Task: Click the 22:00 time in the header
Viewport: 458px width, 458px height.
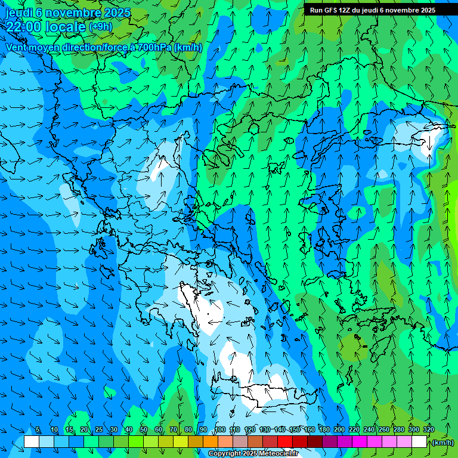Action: pyautogui.click(x=24, y=26)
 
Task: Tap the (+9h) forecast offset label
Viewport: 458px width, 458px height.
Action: pyautogui.click(x=100, y=26)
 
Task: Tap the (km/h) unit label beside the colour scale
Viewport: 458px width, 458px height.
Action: pyautogui.click(x=442, y=442)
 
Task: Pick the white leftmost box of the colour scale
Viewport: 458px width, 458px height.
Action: pyautogui.click(x=32, y=441)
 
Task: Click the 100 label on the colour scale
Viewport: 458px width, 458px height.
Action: pyautogui.click(x=220, y=430)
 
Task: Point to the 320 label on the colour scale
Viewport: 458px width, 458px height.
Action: pyautogui.click(x=429, y=430)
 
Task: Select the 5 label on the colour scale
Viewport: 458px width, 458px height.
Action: pyautogui.click(x=38, y=430)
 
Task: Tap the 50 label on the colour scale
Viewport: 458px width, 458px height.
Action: pyautogui.click(x=144, y=430)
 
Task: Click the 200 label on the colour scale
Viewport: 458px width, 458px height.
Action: pyautogui.click(x=339, y=430)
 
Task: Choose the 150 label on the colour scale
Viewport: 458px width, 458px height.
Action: pyautogui.click(x=295, y=430)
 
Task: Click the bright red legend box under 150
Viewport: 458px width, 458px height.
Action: pyautogui.click(x=285, y=441)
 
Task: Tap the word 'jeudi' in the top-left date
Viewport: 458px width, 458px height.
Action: pyautogui.click(x=18, y=13)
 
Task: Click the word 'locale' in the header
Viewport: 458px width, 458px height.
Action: pyautogui.click(x=65, y=26)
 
